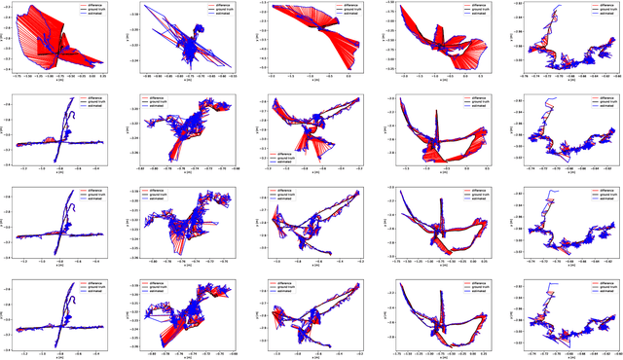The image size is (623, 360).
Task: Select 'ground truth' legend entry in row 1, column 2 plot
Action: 219,9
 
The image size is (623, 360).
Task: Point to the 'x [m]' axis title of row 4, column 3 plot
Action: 311,356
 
